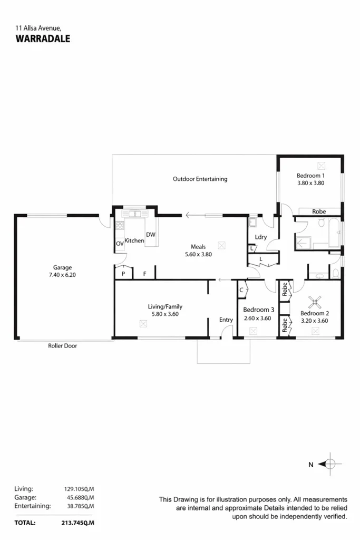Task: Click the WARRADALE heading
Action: coord(43,38)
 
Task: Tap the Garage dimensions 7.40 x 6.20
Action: coord(62,275)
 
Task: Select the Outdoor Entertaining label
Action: coord(200,179)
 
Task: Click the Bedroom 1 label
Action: coord(310,176)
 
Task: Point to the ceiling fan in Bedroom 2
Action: coord(315,303)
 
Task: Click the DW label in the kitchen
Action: coord(151,235)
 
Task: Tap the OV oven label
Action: coord(120,243)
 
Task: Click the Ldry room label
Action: coord(260,237)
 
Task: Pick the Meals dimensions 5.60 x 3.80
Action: coord(198,254)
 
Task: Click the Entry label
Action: coord(226,320)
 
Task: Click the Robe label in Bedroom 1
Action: coord(319,211)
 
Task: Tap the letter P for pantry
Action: coord(123,274)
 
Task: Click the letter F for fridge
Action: coord(144,274)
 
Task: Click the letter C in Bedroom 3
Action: coord(241,290)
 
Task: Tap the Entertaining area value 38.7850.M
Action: coord(76,506)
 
